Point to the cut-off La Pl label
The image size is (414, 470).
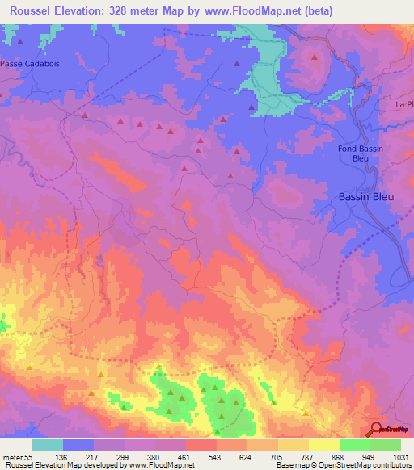click(403, 105)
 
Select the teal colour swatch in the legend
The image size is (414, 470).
click(48, 444)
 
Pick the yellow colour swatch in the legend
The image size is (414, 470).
click(323, 444)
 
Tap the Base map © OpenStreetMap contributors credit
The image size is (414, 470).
click(343, 465)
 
